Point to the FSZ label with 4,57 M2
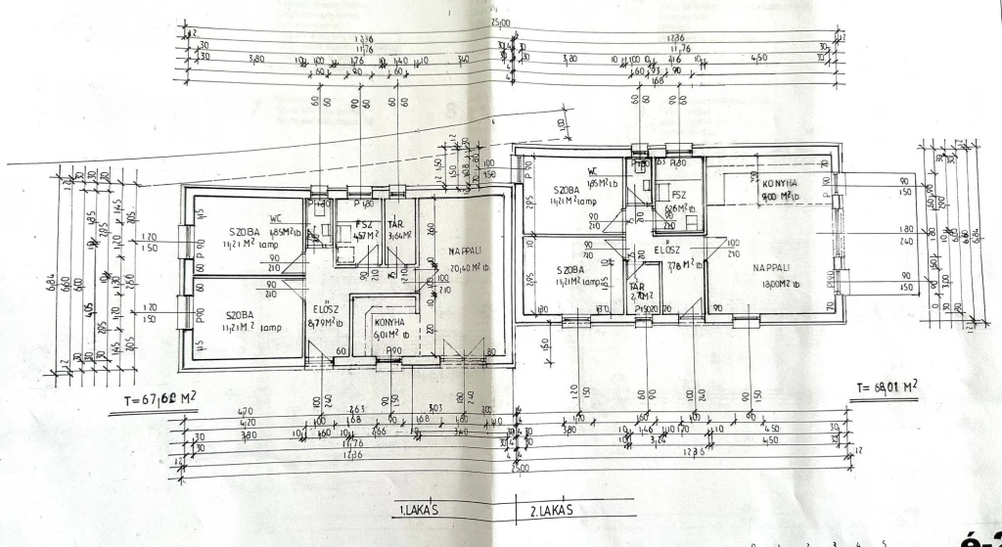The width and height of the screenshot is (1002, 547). [364, 224]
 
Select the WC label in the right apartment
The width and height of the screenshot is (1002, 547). [593, 169]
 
